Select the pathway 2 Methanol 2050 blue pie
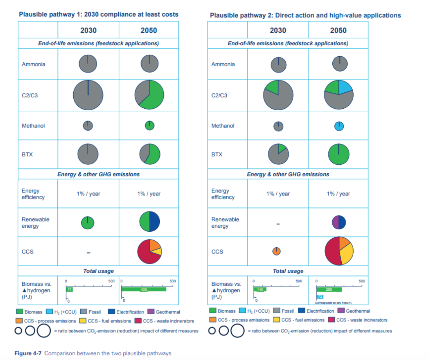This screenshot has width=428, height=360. pyautogui.click(x=339, y=126)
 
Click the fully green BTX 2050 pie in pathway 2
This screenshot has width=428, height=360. pyautogui.click(x=338, y=154)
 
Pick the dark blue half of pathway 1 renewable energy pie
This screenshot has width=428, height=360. pyautogui.click(x=155, y=222)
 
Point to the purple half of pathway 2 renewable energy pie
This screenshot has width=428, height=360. pyautogui.click(x=335, y=222)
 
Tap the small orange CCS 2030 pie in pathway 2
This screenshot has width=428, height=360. pyautogui.click(x=276, y=251)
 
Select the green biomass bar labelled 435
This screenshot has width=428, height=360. pyautogui.click(x=144, y=290)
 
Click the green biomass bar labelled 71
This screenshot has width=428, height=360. pyautogui.click(x=69, y=290)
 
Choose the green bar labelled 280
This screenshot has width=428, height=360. pyautogui.click(x=329, y=290)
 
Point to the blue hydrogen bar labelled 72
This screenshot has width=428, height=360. pyautogui.click(x=320, y=297)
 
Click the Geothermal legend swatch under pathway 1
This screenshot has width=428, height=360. pyautogui.click(x=151, y=311)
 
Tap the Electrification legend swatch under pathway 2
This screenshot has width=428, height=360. pyautogui.click(x=302, y=311)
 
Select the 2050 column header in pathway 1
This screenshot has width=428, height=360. pyautogui.click(x=149, y=30)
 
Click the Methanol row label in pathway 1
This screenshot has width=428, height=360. pyautogui.click(x=33, y=126)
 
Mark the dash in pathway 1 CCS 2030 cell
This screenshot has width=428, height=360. pyautogui.click(x=88, y=253)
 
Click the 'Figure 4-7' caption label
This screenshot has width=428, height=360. pyautogui.click(x=28, y=353)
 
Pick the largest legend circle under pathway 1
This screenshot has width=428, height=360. pyautogui.click(x=44, y=331)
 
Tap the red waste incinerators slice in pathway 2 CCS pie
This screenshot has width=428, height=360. pyautogui.click(x=332, y=251)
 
